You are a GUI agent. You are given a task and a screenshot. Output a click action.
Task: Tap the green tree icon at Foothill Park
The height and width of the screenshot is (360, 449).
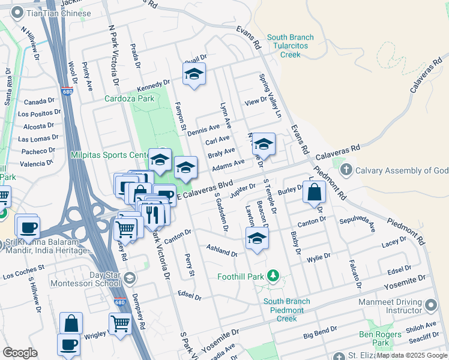coord(274,276)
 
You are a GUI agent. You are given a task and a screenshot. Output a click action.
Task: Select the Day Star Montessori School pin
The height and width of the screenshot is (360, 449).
coord(130,277)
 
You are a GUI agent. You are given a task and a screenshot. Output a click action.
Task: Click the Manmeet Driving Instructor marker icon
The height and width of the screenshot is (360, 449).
coord(430,306)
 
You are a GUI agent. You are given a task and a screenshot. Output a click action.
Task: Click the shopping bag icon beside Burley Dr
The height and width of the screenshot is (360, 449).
coord(314,193)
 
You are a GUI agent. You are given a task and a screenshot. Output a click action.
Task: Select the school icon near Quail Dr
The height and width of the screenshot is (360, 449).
coord(194,74)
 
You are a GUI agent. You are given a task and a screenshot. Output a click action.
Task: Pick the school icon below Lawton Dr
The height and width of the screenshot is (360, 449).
coord(256,239)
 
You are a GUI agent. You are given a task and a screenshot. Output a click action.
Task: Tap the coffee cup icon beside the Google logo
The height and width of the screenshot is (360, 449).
coord(68,344)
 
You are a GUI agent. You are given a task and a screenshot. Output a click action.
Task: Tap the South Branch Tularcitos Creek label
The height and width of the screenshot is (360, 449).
coord(291,46)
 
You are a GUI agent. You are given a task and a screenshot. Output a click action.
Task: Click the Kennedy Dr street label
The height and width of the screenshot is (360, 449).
coord(154,86)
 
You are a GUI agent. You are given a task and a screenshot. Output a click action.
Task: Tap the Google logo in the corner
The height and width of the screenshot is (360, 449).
coord(20,353)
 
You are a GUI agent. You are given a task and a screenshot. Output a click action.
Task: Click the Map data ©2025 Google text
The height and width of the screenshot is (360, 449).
coord(412,355)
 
